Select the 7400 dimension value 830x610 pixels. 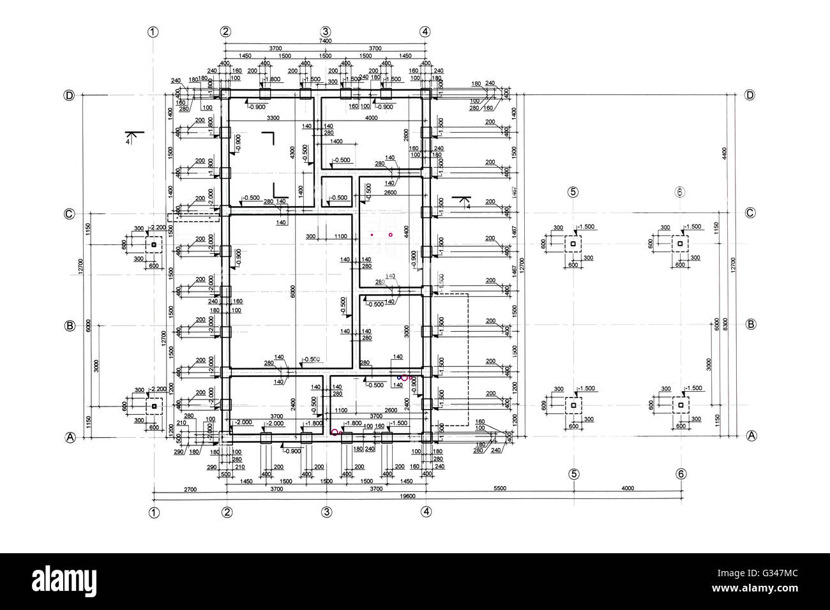click(x=325, y=41)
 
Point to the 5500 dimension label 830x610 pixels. click(x=499, y=489)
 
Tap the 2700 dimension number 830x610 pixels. click(x=190, y=489)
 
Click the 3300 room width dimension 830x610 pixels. click(x=273, y=118)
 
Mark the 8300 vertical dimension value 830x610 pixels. click(x=726, y=325)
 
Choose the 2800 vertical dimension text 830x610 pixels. click(x=406, y=135)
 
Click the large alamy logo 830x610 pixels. click(x=64, y=581)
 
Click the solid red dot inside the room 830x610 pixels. click(x=372, y=235)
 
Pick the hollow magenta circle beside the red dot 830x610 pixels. click(x=390, y=235)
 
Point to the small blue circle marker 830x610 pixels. click(x=399, y=378)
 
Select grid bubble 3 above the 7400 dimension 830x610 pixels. click(x=325, y=31)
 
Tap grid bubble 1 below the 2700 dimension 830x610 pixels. click(x=153, y=512)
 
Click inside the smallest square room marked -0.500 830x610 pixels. click(x=336, y=191)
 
